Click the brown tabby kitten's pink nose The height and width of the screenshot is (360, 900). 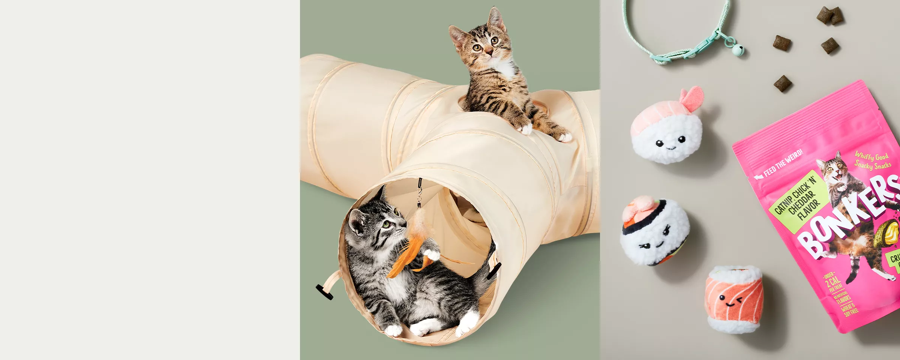[x=489, y=51]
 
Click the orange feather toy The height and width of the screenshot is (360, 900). [x=407, y=255]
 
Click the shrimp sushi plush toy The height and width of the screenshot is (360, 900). [x=667, y=129]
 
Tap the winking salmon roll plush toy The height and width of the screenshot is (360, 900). [x=734, y=299]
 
